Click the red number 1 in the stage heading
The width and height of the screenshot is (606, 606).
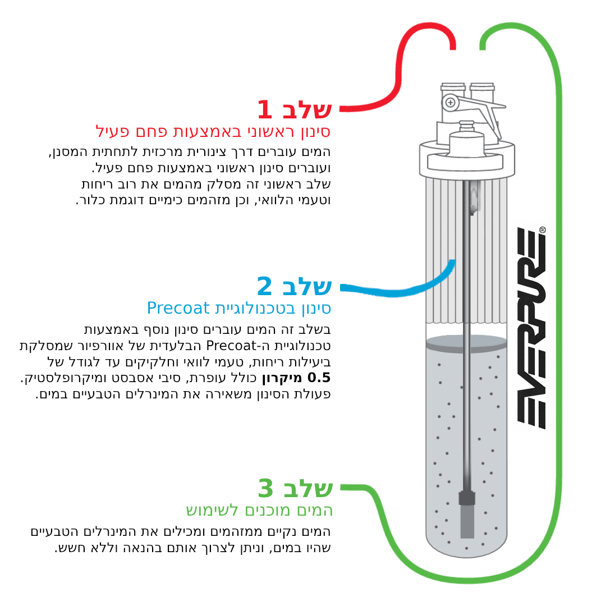[265, 109]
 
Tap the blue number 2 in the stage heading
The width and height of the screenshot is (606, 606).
[265, 286]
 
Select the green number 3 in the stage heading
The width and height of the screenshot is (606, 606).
[265, 488]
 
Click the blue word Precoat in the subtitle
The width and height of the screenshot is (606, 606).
[178, 308]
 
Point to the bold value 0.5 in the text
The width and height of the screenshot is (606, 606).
[319, 378]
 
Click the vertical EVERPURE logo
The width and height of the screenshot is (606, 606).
[531, 328]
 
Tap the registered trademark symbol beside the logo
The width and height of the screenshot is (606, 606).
[542, 230]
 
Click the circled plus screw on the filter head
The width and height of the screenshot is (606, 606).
[450, 103]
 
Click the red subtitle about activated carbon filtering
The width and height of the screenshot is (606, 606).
[213, 132]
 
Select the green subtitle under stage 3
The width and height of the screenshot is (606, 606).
[259, 510]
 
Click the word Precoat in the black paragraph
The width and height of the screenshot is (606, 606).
[231, 346]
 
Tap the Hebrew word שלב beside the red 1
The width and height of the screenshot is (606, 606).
[307, 110]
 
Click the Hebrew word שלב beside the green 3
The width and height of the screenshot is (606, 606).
[308, 489]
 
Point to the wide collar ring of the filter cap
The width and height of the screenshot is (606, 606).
[467, 158]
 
